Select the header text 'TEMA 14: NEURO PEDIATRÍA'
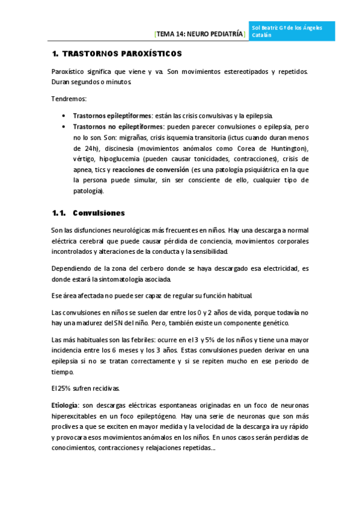200,35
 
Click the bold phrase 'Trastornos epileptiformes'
112,115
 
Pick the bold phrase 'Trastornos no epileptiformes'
118,127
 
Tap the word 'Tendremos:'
69,98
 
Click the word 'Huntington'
285,148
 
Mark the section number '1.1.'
58,213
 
